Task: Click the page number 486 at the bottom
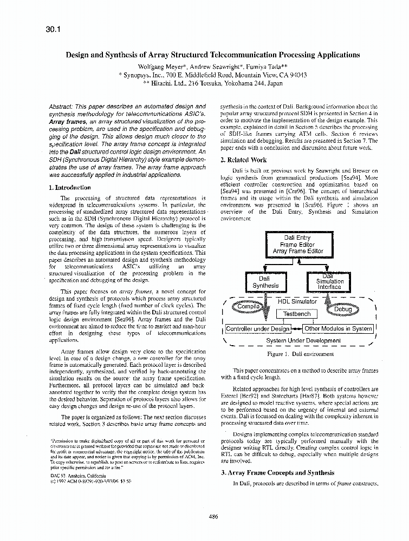click(213, 517)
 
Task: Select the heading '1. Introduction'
click(70, 188)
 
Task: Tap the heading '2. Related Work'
click(244, 160)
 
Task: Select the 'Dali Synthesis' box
click(265, 282)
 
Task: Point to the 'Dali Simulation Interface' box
click(329, 281)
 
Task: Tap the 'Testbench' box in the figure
click(297, 314)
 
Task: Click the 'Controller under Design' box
click(257, 329)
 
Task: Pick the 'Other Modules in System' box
click(338, 329)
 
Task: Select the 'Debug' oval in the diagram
click(342, 309)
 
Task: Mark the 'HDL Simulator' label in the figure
click(297, 301)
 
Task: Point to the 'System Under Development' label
click(303, 341)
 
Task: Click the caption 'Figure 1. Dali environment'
click(300, 354)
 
